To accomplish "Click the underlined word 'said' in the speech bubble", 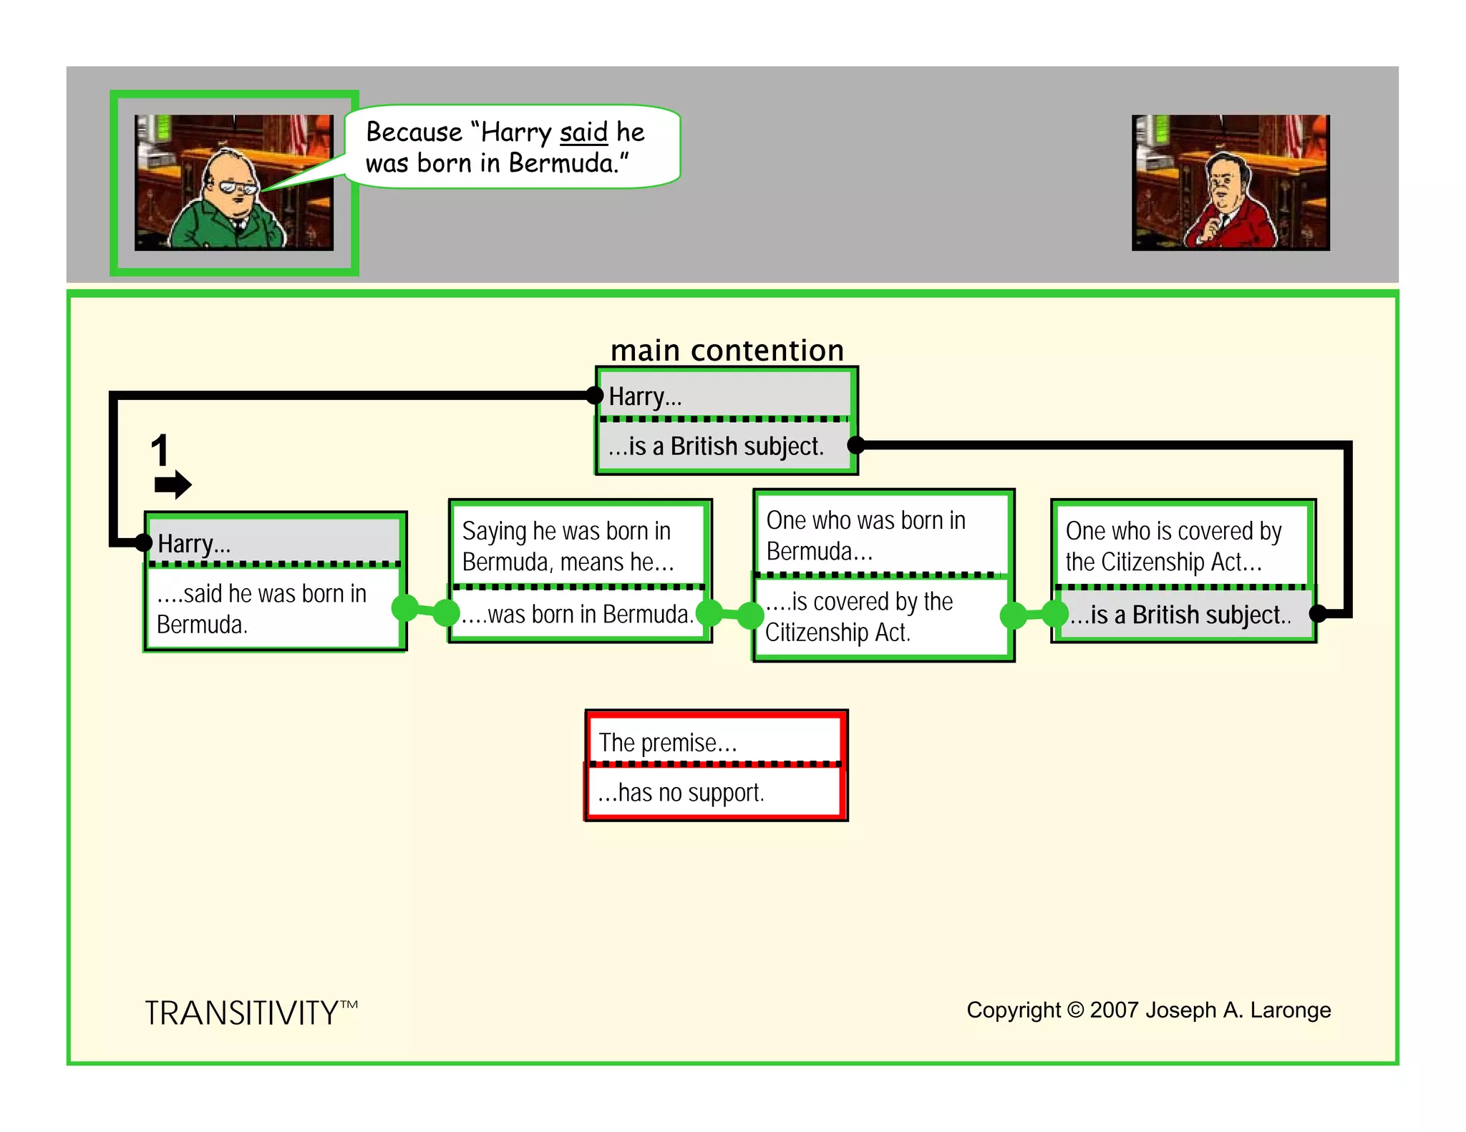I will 583,132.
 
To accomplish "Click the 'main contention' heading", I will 727,351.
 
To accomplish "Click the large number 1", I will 160,451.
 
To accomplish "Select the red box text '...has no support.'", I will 681,793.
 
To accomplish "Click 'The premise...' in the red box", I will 667,743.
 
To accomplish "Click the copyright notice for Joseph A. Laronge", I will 1148,1010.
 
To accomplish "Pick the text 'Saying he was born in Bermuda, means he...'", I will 568,547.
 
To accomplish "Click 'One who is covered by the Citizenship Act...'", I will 1173,547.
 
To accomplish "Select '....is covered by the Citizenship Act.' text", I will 858,617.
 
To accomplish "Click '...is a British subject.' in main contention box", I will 716,447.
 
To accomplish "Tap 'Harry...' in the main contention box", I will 645,396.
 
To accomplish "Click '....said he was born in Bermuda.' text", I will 261,609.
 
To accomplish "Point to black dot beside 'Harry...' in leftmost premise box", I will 143,542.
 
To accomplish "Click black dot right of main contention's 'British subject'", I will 855,445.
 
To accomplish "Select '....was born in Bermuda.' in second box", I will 577,614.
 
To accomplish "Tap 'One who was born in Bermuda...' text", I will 865,536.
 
